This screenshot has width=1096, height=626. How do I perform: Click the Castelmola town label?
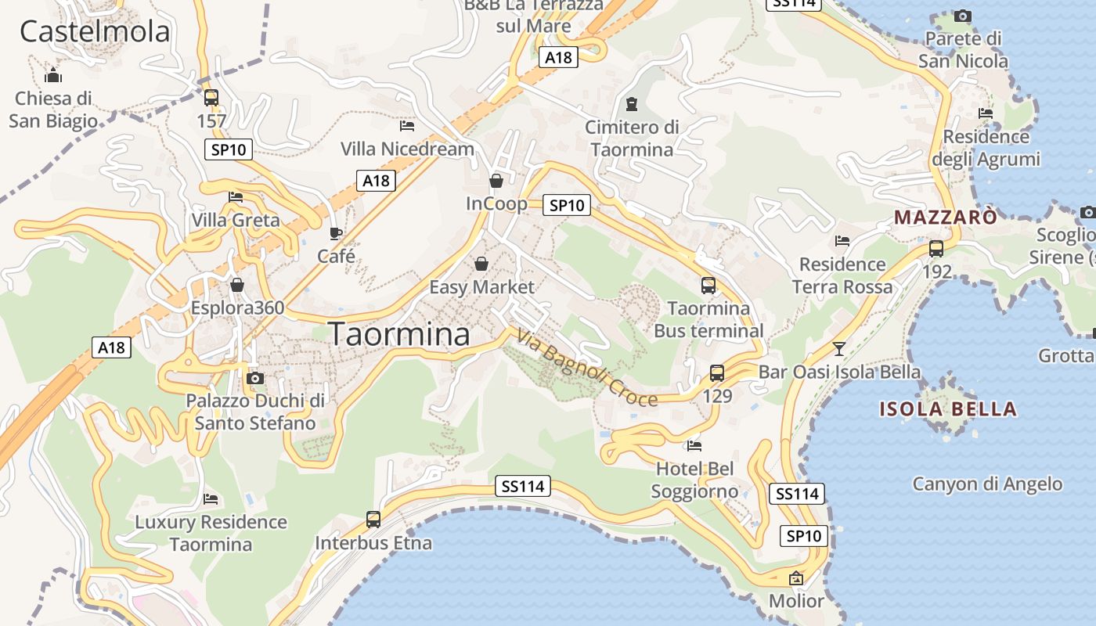[x=95, y=32]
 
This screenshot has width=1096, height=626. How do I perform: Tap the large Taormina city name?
[x=399, y=334]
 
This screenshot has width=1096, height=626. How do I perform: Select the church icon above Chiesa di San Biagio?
[x=53, y=76]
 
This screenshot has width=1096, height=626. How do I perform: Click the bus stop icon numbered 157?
[x=211, y=98]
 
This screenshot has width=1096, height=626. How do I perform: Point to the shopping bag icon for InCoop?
[x=496, y=181]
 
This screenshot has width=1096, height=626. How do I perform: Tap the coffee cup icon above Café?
[x=336, y=233]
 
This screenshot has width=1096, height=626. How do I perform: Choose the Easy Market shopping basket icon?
[x=481, y=264]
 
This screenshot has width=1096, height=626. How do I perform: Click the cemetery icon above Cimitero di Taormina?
[x=632, y=104]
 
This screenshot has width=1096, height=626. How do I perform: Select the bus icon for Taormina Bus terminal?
[x=708, y=286]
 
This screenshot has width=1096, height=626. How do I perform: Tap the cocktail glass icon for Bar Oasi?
[x=839, y=348]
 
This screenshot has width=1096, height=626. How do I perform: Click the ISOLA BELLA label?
[x=948, y=408]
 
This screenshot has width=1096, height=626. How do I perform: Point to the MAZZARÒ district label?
[x=946, y=217]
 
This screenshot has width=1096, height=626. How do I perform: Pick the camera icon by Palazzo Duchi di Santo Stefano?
[x=254, y=379]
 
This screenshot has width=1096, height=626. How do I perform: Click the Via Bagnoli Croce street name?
[x=587, y=368]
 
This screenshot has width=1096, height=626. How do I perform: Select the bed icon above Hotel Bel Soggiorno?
[x=694, y=446]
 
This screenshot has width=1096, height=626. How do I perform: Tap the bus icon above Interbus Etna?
[x=373, y=519]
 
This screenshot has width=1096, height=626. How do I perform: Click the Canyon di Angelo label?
[x=987, y=484]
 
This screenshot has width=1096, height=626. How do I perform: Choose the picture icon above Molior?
[x=796, y=579]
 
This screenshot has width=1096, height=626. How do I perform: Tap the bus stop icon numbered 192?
[x=936, y=249]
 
